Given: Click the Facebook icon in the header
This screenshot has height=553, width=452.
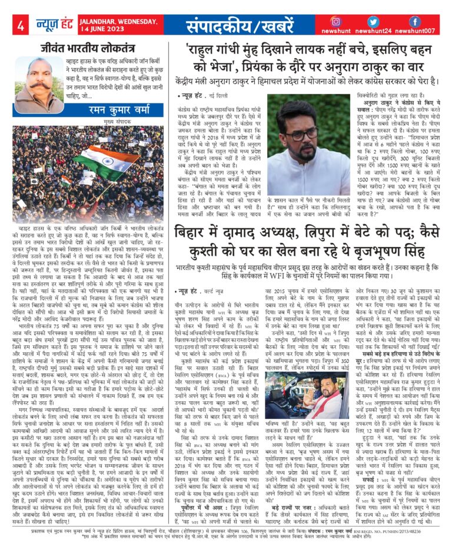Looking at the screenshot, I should click(415, 22).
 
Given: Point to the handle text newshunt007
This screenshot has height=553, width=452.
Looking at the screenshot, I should click(419, 31).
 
